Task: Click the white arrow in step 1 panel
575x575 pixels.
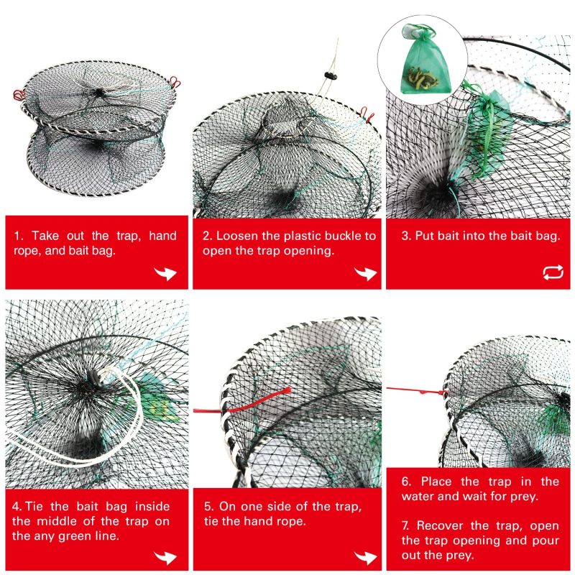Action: point(165,273)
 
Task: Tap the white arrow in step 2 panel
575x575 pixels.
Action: point(366,273)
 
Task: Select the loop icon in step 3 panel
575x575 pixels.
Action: point(553,272)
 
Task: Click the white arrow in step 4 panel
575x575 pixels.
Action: point(165,558)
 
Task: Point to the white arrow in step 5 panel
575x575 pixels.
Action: point(366,558)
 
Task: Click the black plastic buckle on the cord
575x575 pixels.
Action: point(331,76)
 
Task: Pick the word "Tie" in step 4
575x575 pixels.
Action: point(34,507)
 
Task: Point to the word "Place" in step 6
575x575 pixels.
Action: point(436,481)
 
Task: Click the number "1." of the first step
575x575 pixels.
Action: point(19,236)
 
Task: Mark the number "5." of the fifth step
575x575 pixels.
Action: point(209,507)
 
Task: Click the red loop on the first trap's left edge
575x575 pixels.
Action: point(19,96)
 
